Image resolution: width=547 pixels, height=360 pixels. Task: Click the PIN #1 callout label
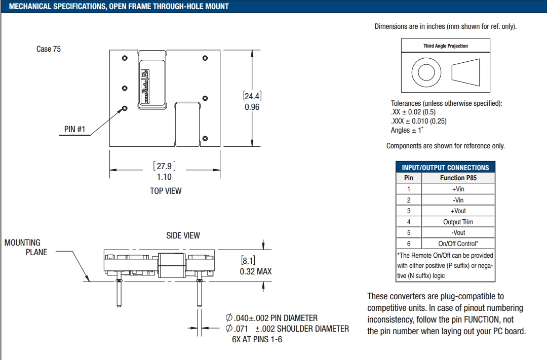click(x=74, y=129)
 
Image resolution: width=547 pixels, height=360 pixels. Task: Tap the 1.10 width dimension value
click(x=164, y=177)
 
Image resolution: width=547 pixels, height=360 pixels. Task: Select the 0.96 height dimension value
click(x=252, y=107)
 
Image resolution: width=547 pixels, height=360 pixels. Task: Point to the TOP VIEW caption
click(x=166, y=191)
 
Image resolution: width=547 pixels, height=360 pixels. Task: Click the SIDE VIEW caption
click(x=183, y=235)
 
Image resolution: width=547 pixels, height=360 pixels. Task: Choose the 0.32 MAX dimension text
click(x=255, y=271)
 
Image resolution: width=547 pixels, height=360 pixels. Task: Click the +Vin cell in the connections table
click(x=458, y=189)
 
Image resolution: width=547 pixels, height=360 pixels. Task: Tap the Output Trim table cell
click(x=458, y=222)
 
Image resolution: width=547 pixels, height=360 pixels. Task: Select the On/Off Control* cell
click(x=458, y=244)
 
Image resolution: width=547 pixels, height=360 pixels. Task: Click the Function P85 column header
click(x=458, y=178)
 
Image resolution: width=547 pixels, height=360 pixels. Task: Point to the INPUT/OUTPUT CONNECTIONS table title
click(x=445, y=168)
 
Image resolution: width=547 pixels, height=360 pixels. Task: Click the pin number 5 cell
click(x=409, y=232)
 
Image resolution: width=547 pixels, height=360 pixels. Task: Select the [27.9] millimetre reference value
click(x=164, y=166)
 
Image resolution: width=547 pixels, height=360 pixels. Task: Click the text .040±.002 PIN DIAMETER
click(x=272, y=318)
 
